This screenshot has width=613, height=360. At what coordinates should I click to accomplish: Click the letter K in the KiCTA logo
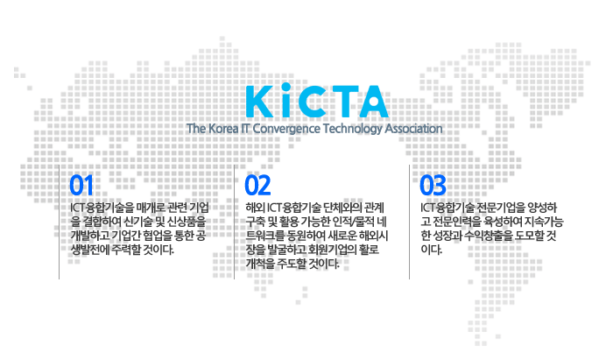[x=259, y=102]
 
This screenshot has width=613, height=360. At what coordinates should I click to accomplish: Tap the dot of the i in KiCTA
[x=286, y=87]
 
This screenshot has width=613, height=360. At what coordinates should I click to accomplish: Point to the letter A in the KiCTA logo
[x=372, y=102]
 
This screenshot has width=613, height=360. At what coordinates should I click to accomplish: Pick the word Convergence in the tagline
[x=286, y=129]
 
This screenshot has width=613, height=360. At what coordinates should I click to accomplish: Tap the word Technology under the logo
[x=352, y=129]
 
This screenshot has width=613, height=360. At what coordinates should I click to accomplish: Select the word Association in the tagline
[x=413, y=129]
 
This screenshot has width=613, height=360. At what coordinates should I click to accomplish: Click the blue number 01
[x=81, y=186]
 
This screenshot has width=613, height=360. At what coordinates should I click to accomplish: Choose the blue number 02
[x=257, y=186]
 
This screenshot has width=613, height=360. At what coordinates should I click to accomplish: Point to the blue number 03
[x=433, y=186]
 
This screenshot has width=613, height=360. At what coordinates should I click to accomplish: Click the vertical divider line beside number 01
[x=59, y=222]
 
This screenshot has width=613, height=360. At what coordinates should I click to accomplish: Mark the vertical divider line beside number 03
[x=409, y=222]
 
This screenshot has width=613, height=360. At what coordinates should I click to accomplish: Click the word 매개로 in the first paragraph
[x=151, y=208]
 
